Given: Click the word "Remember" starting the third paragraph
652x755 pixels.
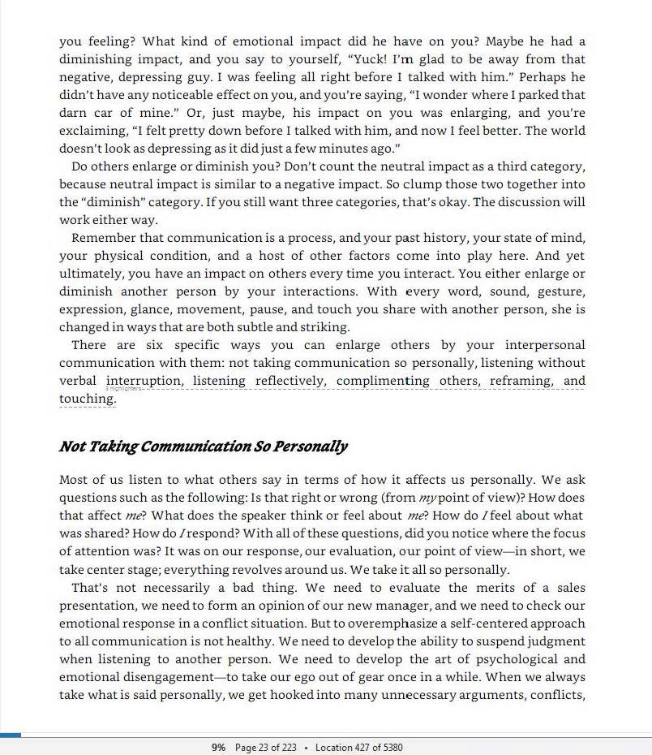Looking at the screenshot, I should [104, 238].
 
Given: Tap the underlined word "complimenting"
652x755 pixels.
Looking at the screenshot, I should [383, 381].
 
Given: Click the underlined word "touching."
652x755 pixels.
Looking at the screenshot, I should [88, 399].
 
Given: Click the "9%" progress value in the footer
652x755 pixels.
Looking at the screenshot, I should [218, 748].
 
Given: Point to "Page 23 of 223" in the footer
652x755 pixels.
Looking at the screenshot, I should [265, 748].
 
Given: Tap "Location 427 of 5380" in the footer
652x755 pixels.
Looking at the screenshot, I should [358, 748].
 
